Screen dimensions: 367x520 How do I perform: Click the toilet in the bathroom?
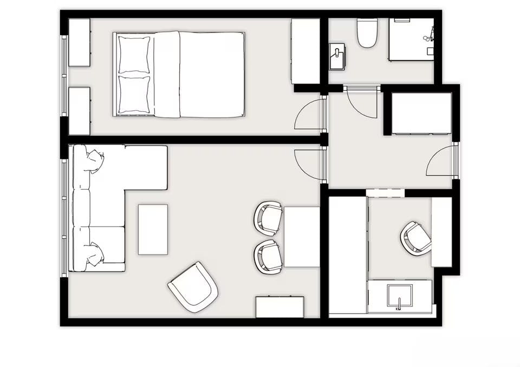tap(367, 34)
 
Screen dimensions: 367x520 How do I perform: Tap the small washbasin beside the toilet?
tap(337, 56)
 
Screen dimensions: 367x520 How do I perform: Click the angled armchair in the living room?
tap(193, 287)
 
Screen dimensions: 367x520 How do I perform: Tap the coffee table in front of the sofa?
tap(153, 229)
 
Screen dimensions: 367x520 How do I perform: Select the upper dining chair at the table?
tap(269, 217)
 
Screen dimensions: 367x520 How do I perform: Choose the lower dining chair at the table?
tap(269, 256)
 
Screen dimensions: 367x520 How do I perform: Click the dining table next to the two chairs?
tap(302, 237)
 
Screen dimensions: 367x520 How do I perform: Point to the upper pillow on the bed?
tap(134, 55)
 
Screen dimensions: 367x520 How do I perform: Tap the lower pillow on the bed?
tap(134, 95)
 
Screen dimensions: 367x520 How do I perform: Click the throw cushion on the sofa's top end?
tap(93, 161)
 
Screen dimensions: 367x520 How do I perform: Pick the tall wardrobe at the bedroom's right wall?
tap(305, 51)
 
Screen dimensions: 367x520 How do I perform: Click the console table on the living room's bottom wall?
tap(279, 306)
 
